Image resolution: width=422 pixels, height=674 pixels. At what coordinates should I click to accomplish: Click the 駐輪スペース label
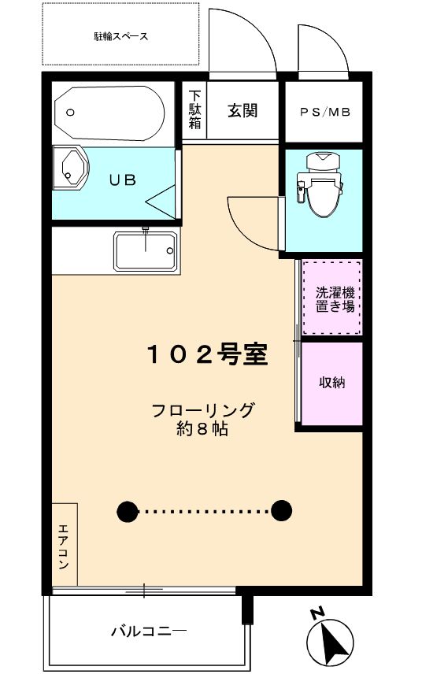120,36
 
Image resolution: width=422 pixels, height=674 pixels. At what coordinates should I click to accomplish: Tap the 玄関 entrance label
242,111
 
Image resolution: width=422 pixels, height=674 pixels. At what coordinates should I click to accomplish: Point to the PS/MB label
324,112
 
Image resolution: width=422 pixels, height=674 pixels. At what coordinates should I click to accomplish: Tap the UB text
122,180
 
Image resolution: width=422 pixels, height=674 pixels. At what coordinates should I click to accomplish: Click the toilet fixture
321,185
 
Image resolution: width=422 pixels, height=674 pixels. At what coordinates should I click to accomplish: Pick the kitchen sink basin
146,251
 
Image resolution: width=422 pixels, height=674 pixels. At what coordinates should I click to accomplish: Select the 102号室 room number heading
208,355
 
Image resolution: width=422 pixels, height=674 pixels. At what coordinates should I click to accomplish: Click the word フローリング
203,410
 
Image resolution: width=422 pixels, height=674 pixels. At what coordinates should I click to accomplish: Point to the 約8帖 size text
203,431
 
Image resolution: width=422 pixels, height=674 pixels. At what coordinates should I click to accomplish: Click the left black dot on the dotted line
126,510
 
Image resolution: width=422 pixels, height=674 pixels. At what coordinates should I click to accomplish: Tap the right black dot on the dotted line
281,510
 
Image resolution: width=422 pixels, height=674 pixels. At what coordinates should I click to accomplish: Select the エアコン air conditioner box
65,544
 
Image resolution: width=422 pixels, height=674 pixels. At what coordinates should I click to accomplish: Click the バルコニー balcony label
148,631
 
